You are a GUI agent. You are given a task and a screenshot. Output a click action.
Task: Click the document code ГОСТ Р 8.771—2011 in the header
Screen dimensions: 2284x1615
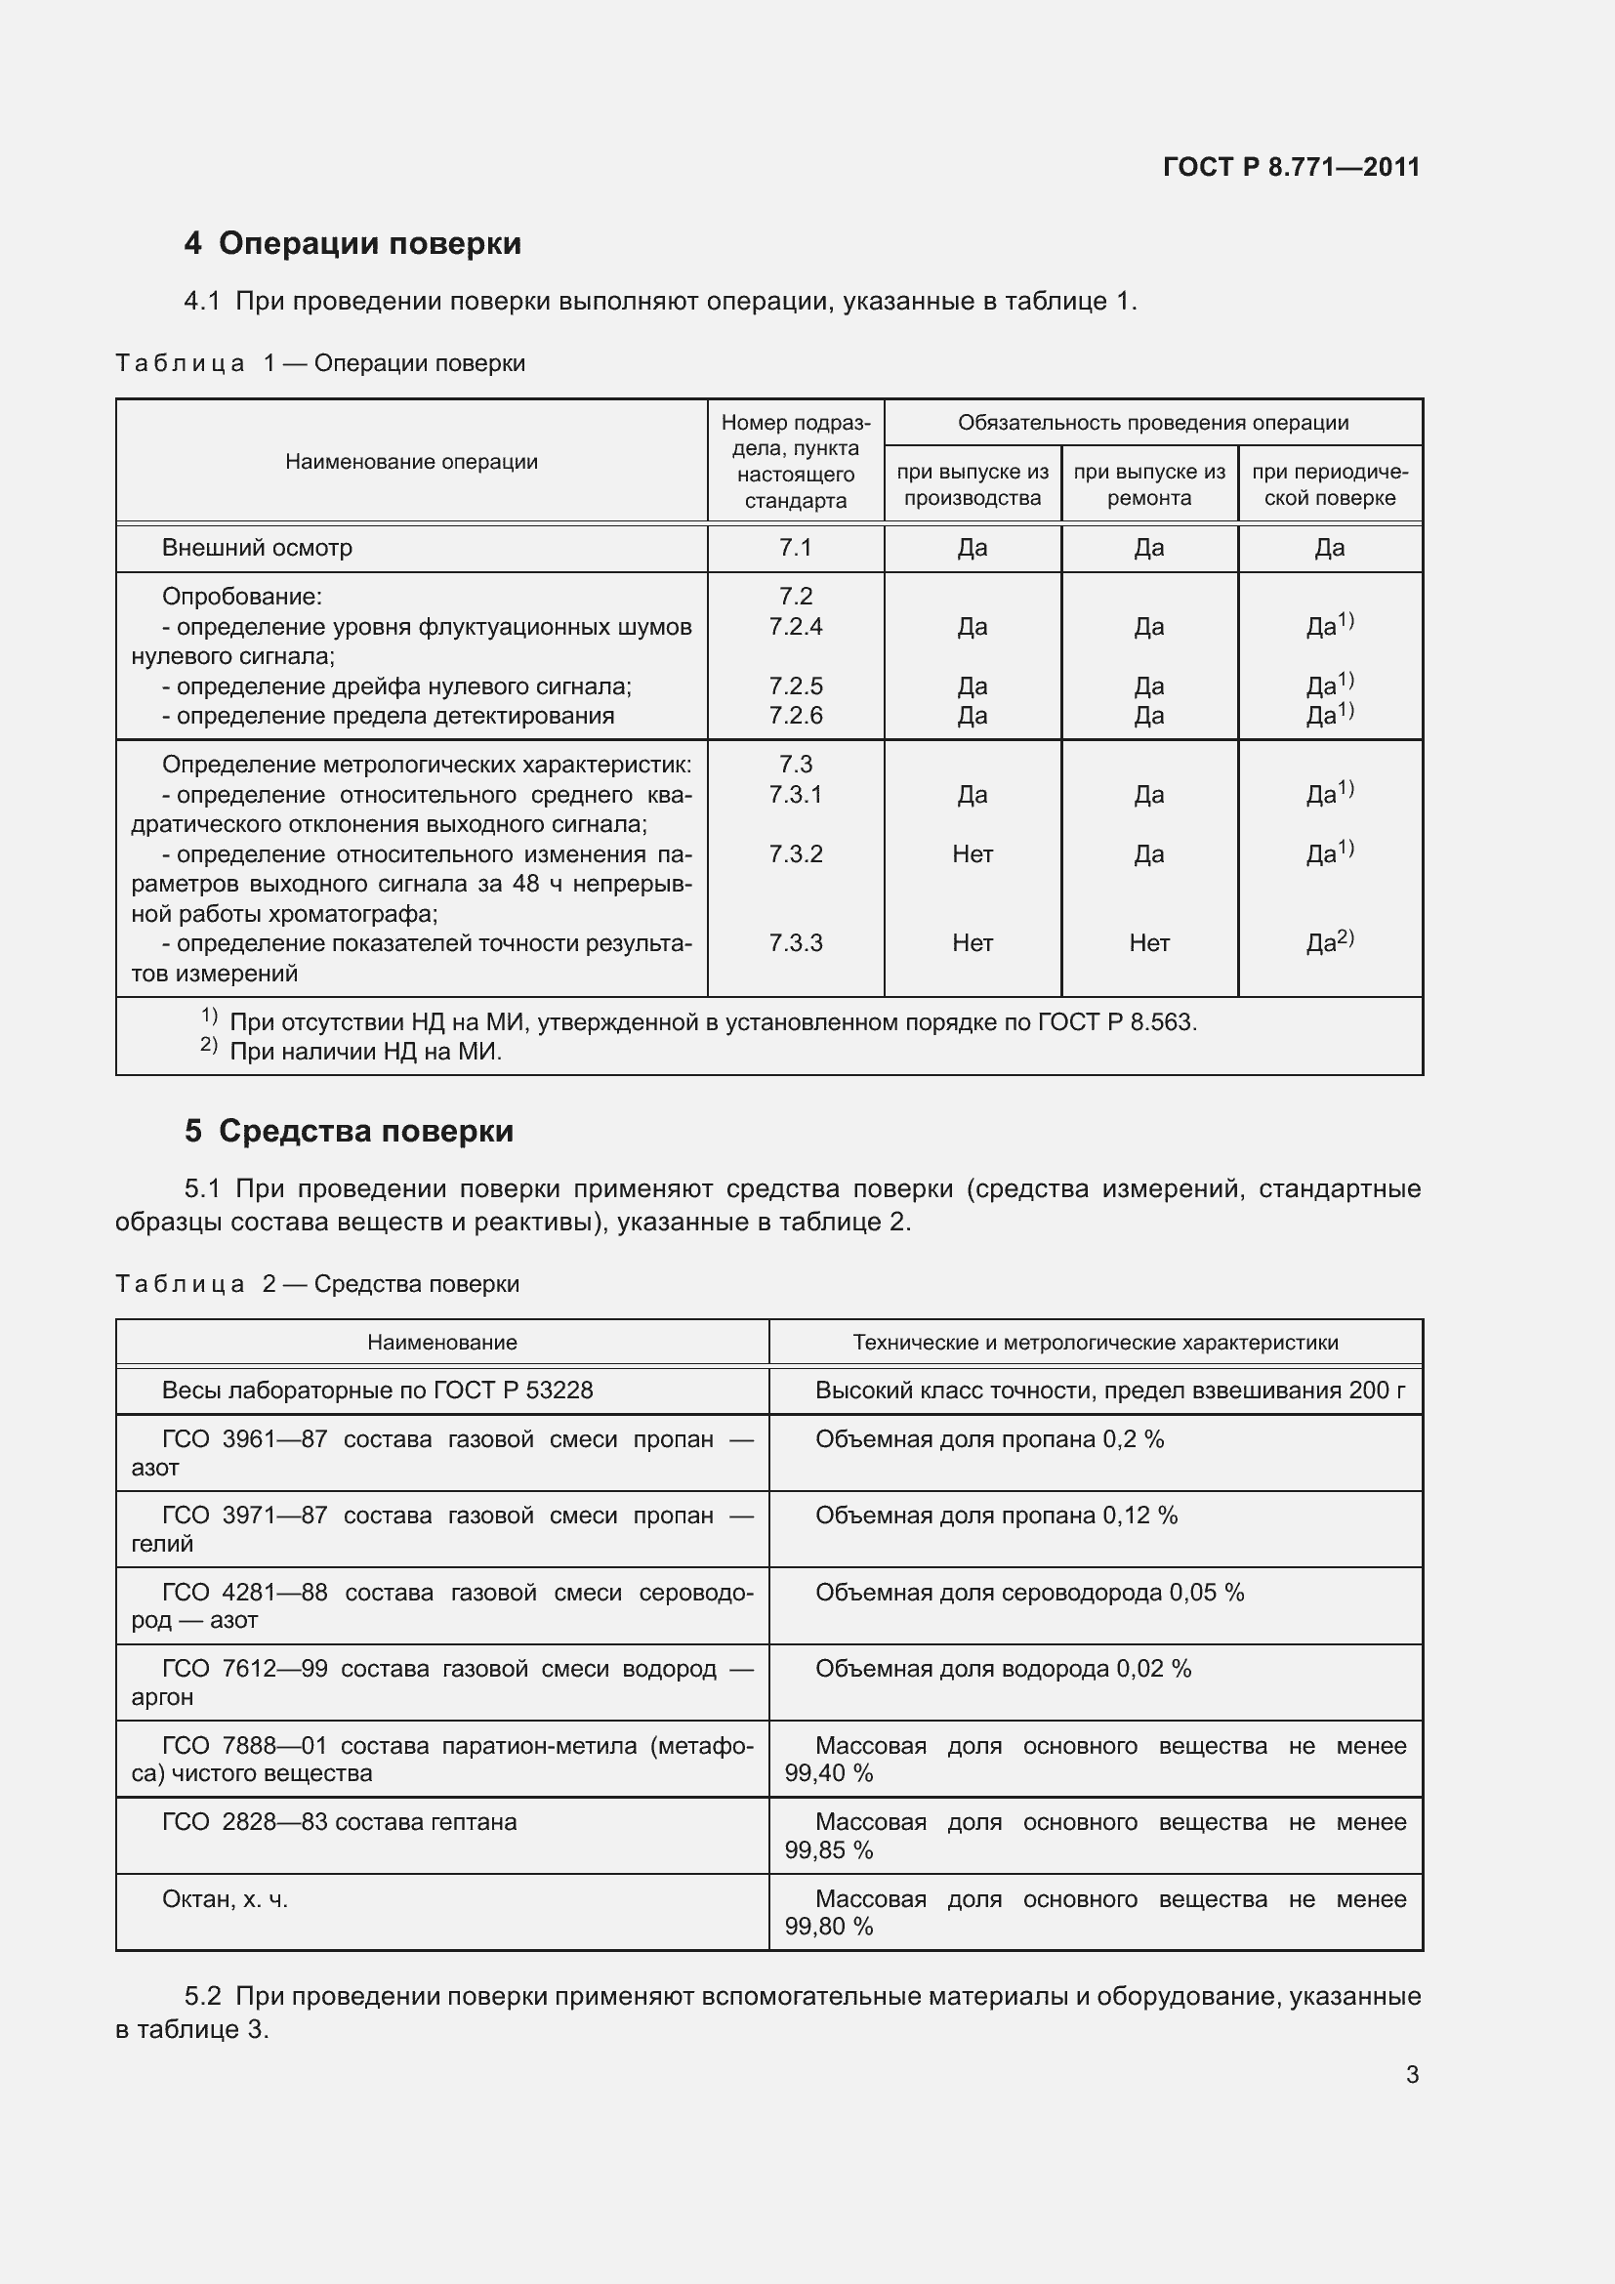[x=1291, y=167]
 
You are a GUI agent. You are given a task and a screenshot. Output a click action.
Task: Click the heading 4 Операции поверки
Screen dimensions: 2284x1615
[x=352, y=244]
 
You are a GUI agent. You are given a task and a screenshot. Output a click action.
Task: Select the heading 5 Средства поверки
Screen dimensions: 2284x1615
[x=348, y=1131]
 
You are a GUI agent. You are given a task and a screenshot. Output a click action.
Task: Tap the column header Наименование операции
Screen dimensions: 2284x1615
[x=411, y=462]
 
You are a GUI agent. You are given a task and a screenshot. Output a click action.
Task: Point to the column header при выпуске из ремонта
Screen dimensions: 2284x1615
[x=1148, y=484]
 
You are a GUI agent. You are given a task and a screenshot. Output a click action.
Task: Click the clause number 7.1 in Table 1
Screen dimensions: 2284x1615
[x=795, y=547]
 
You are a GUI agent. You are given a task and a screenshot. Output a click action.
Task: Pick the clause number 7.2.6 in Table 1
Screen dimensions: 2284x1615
[x=795, y=715]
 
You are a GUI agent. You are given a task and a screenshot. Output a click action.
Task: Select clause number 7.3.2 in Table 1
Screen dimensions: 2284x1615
[x=795, y=853]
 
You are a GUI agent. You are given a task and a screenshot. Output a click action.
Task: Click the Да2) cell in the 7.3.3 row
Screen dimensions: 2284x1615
[x=1330, y=941]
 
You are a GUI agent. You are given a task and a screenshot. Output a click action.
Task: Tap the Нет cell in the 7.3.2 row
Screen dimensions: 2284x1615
[x=972, y=853]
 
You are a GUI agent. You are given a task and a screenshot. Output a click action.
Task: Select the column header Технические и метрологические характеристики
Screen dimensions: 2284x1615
[x=1095, y=1342]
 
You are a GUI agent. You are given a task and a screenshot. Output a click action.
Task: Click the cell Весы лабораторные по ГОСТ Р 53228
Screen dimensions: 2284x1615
[x=377, y=1390]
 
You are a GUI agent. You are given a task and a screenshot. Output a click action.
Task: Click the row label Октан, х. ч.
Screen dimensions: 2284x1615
[x=225, y=1899]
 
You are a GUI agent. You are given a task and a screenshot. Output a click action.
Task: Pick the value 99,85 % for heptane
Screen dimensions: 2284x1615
[x=828, y=1850]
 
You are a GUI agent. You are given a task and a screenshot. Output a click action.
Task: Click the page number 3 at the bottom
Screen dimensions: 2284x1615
[x=1411, y=2074]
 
